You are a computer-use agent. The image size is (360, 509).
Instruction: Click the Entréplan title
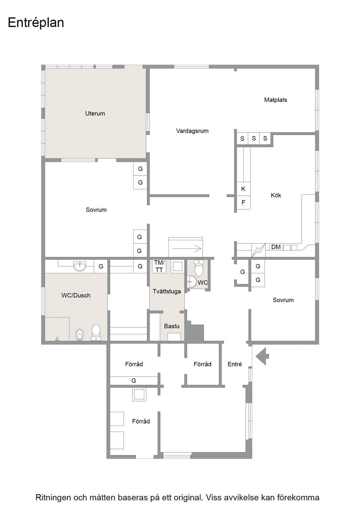(36, 23)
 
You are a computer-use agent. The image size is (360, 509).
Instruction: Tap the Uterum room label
(95, 114)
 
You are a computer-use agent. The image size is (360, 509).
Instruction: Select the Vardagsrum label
(192, 131)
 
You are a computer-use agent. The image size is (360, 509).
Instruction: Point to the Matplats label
(275, 100)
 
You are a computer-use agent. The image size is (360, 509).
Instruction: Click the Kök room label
(276, 195)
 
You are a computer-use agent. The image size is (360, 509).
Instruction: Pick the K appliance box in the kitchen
(244, 189)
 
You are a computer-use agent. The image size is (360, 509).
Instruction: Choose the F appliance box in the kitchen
(244, 202)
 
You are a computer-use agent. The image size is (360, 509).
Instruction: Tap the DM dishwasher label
(276, 247)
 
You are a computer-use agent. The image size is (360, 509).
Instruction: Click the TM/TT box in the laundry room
(159, 266)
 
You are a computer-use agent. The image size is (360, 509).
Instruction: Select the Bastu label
(172, 326)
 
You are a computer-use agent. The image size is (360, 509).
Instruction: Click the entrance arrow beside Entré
(262, 356)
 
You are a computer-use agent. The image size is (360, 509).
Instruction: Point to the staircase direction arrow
(187, 249)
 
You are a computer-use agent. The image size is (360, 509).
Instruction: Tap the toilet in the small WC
(199, 268)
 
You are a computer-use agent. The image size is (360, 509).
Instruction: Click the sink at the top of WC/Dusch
(80, 266)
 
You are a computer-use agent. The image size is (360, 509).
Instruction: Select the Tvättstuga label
(167, 291)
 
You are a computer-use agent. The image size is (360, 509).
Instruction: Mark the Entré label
(234, 364)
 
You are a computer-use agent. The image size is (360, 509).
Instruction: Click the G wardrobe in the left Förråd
(134, 381)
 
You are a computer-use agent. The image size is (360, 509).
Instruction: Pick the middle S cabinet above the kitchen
(254, 138)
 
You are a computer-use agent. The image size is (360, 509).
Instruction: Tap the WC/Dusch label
(76, 295)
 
